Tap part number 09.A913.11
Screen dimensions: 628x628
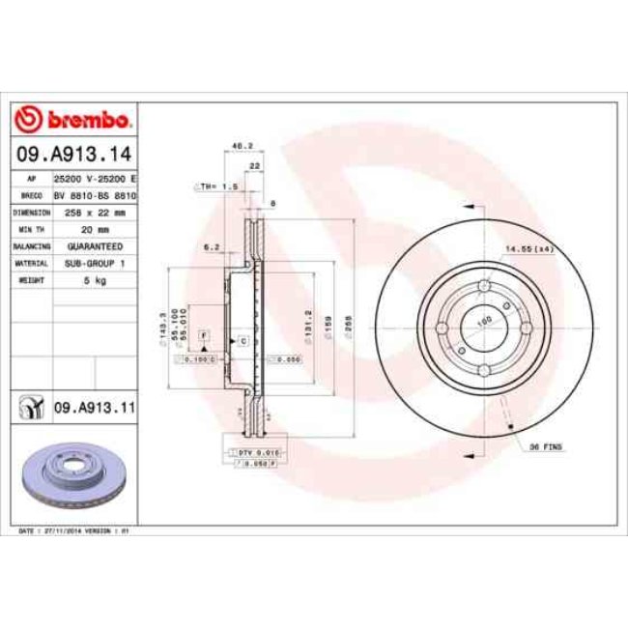coord(93,410)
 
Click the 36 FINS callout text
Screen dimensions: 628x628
coord(548,448)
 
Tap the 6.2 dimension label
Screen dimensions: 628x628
coord(212,247)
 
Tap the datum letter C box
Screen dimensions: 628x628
coord(243,341)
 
